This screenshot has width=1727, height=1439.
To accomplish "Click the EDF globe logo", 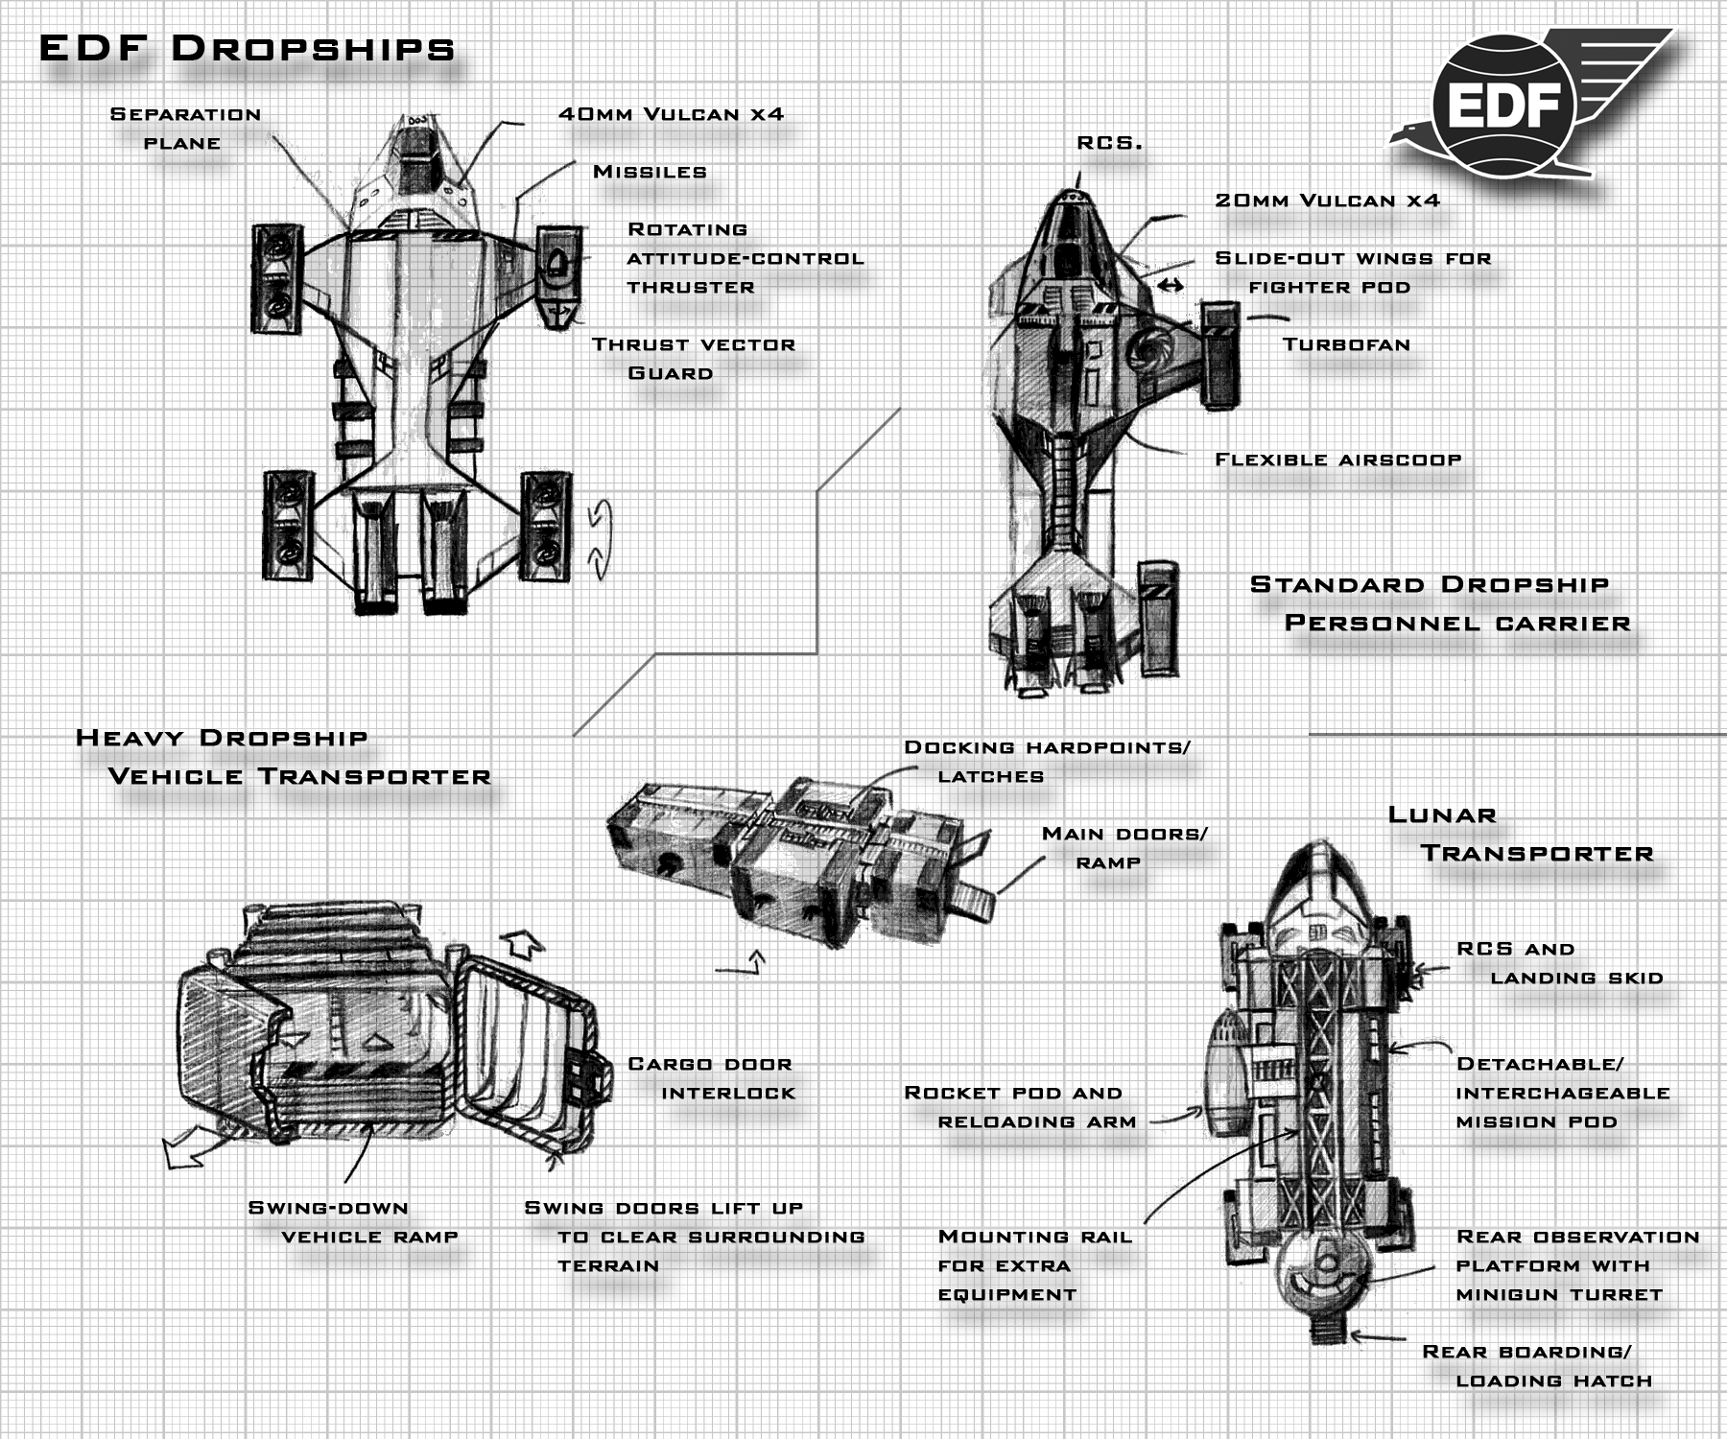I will [1502, 104].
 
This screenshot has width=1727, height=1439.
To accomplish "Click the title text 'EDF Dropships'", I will [247, 48].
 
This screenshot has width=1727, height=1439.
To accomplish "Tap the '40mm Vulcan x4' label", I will [671, 114].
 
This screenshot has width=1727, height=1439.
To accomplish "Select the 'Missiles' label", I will [650, 172].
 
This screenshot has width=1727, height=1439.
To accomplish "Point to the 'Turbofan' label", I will [1346, 344].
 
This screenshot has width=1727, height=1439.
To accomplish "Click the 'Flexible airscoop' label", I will [1337, 460].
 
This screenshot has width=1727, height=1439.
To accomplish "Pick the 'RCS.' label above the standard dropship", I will [1109, 143].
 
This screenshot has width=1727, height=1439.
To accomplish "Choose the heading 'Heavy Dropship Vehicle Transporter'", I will [283, 757].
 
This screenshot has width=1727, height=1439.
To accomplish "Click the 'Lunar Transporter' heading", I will [1521, 834].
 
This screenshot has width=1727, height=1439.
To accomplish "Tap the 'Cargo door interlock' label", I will [711, 1078].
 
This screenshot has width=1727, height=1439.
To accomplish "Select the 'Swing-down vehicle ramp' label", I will [351, 1222].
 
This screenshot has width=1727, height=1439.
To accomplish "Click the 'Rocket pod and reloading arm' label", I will [1019, 1107].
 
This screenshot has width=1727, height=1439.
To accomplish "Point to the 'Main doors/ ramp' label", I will [1124, 848].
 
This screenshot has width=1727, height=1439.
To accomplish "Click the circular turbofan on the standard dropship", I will [1150, 351].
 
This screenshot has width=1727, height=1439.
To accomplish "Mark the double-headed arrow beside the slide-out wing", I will [1170, 285].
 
